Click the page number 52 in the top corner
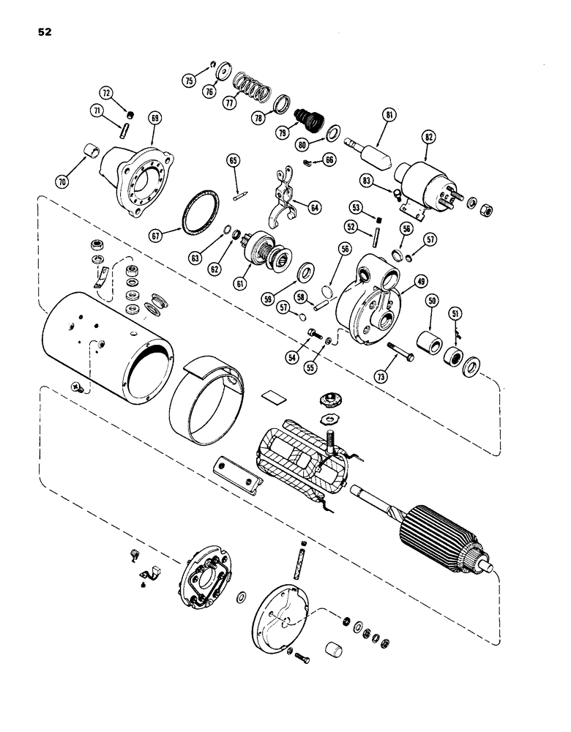tap(42, 32)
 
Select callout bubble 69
tap(154, 117)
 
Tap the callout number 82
tap(428, 137)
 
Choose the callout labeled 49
tap(422, 280)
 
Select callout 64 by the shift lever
tap(314, 209)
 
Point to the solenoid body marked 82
tap(420, 179)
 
